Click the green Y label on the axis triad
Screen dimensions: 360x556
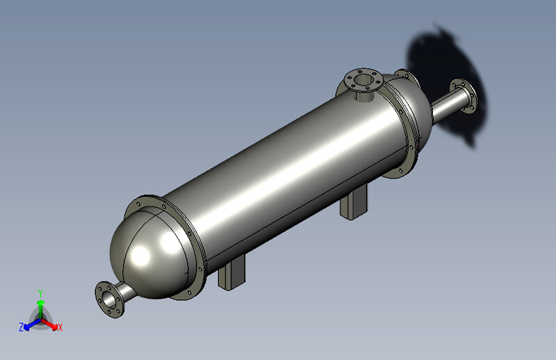coord(41,293)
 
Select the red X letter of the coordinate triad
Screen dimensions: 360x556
coord(60,327)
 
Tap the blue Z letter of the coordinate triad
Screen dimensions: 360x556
coord(22,327)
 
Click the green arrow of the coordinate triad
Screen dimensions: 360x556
coord(41,306)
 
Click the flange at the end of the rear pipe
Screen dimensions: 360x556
coord(464,97)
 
